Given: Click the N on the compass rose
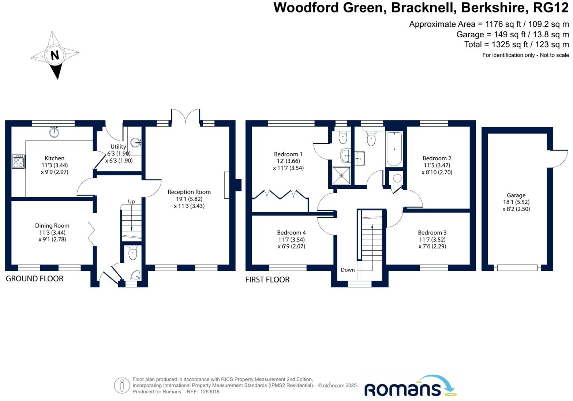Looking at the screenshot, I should pos(55,56).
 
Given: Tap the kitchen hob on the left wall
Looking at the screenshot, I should pos(18,161).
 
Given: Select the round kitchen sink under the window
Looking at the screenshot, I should pos(54,132).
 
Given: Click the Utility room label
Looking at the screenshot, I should pos(118,146).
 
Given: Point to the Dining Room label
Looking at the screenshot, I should pos(52,226).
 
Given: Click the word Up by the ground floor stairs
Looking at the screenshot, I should pos(131,202).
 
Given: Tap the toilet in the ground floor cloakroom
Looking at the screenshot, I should pos(133,252).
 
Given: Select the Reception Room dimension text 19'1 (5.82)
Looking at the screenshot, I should pos(189,199).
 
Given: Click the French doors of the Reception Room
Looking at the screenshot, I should pos(185,116).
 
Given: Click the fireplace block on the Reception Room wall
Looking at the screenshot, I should pos(238,185).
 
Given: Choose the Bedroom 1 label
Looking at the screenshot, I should pos(288,154).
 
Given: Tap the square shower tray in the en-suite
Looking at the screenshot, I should pos(341,175).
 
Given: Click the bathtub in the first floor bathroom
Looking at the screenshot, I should pos(394,149).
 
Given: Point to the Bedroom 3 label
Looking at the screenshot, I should pos(432,233).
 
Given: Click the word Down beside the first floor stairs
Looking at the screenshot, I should pos(348,270).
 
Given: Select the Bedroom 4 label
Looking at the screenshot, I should pos(291,233).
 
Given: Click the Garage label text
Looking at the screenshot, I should pos(516,195).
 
